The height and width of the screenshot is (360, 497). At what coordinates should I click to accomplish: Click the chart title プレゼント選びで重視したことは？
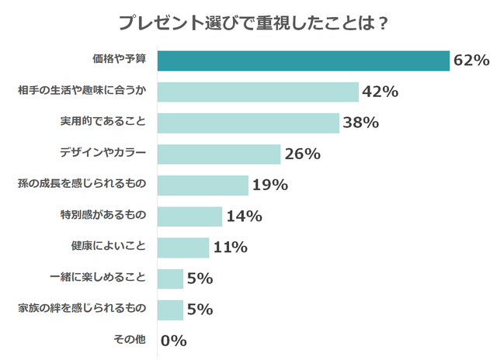253,22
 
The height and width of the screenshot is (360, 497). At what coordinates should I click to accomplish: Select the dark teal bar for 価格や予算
304,61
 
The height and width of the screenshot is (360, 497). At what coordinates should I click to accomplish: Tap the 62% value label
471,61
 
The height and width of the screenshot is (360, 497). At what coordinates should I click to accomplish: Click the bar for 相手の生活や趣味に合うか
258,92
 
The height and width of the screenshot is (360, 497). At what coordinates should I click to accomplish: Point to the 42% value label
380,92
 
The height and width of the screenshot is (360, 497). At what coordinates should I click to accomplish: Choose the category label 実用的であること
103,122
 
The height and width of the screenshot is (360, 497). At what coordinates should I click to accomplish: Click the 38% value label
360,123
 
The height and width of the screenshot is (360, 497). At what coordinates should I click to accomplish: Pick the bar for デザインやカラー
219,154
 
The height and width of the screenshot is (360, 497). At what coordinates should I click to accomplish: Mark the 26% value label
302,154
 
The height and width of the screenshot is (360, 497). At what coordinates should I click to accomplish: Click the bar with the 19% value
203,185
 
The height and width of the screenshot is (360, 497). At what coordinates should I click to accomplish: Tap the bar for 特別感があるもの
190,216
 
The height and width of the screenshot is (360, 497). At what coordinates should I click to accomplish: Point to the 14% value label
243,216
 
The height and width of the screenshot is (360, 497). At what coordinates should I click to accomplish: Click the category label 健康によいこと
108,247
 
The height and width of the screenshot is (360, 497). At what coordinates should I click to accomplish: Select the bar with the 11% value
183,247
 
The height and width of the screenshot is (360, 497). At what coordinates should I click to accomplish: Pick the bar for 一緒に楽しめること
171,278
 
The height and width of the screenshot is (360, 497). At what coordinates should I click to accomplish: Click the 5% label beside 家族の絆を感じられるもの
200,310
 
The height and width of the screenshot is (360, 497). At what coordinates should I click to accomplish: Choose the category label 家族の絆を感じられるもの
82,309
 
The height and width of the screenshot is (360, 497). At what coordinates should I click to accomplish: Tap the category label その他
130,340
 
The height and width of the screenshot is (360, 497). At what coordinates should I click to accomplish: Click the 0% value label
174,341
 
